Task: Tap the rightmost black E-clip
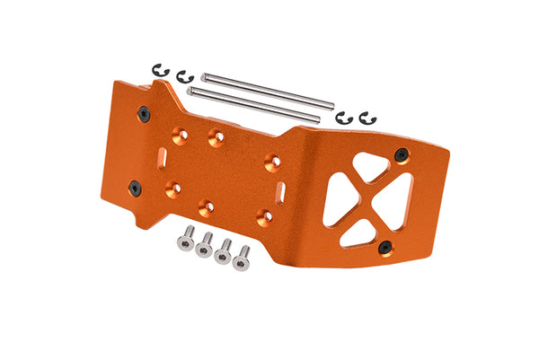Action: [x=366, y=119]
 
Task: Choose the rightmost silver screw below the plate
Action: [x=241, y=258]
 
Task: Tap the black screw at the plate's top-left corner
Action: [x=144, y=113]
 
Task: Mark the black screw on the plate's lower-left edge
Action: [x=135, y=188]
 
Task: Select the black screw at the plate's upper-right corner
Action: [x=401, y=154]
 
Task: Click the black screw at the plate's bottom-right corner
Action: [x=384, y=247]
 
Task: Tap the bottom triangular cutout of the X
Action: [x=358, y=233]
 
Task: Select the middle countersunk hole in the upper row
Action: [x=216, y=138]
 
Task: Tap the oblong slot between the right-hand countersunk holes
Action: [x=281, y=191]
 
